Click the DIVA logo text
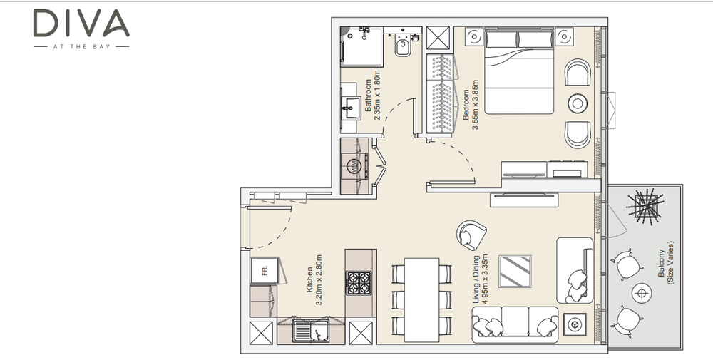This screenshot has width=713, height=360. tap(81, 24)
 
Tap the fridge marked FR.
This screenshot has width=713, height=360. tap(265, 271)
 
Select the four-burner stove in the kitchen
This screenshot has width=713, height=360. tap(359, 283)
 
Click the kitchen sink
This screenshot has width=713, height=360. tap(312, 329)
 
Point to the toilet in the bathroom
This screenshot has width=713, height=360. tap(403, 44)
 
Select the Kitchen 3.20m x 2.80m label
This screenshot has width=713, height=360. tap(314, 279)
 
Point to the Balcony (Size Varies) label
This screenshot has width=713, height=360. tap(666, 263)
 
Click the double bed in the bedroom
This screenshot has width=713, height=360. tap(519, 71)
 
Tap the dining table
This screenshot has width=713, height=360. tap(421, 300)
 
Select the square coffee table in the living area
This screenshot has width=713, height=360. tap(515, 272)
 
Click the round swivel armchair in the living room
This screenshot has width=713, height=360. tap(471, 235)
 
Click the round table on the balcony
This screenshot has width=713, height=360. tap(642, 293)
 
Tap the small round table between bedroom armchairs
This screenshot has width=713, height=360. tap(578, 103)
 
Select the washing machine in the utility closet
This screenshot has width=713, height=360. tap(356, 166)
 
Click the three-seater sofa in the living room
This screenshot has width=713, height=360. tap(515, 324)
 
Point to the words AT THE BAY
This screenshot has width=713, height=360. tap(81, 46)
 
